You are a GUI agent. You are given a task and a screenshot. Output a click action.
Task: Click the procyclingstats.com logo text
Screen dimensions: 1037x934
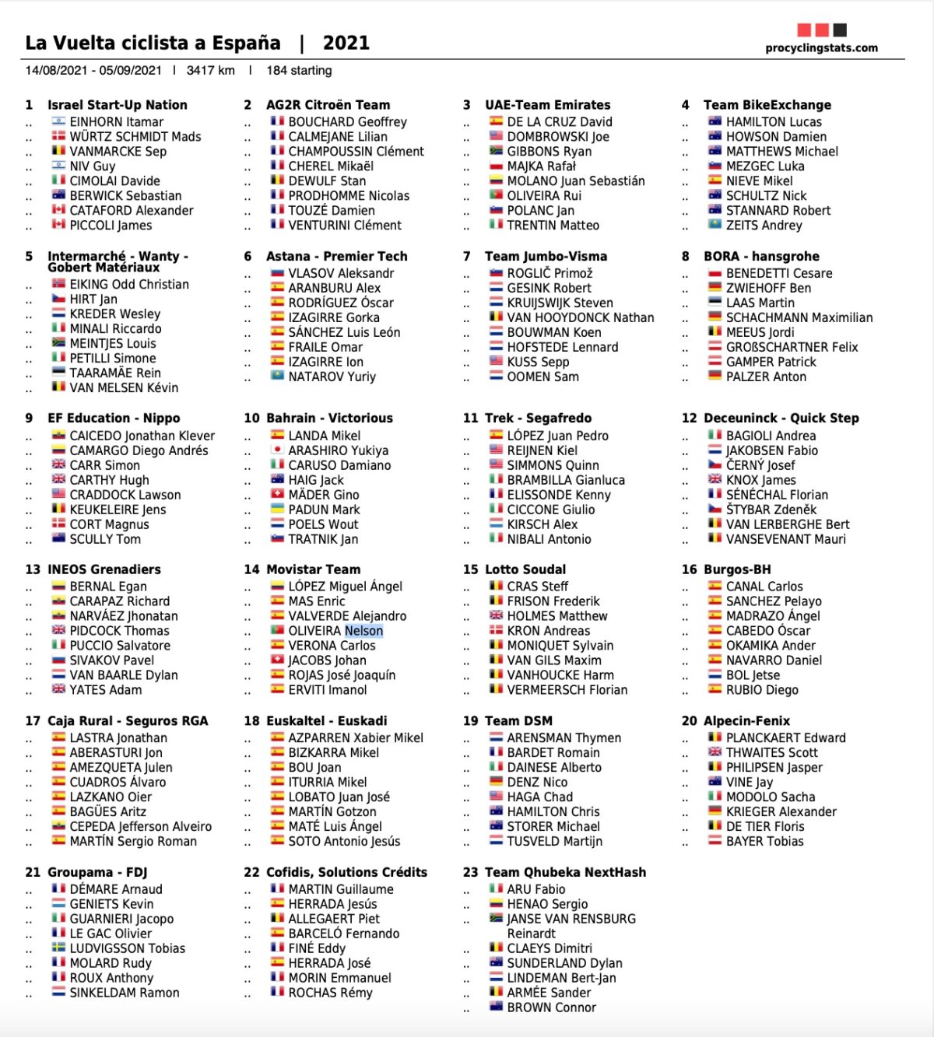[x=821, y=48]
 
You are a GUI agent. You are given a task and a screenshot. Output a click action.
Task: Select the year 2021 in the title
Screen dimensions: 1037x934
[x=346, y=43]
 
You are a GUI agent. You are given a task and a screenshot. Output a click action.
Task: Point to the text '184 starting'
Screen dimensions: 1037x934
[x=299, y=71]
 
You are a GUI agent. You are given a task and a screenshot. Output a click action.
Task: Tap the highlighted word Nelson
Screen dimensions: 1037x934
[x=363, y=631]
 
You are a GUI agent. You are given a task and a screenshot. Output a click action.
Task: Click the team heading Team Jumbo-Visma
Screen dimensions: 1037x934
[x=546, y=257]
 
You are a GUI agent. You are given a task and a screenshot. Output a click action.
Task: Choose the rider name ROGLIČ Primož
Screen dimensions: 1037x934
[x=550, y=274]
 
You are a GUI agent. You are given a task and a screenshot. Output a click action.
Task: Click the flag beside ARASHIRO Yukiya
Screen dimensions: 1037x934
[x=277, y=450]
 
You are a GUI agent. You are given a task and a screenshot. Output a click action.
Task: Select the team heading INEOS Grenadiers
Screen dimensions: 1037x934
[x=104, y=569]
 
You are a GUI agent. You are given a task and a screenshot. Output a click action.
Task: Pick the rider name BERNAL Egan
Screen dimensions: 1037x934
[x=108, y=587]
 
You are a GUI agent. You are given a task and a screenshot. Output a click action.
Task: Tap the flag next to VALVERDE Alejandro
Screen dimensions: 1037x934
[x=277, y=616]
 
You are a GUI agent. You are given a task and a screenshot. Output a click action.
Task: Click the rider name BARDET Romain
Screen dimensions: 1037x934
[x=553, y=753]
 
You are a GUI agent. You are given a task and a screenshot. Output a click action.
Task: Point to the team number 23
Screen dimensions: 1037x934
[x=470, y=873]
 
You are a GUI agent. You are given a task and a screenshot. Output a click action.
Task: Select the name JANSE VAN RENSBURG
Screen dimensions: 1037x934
[x=571, y=919]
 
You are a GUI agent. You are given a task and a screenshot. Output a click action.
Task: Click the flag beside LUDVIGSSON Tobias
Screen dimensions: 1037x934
[x=58, y=948]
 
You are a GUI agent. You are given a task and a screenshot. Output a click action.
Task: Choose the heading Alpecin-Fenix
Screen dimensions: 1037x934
[x=746, y=721]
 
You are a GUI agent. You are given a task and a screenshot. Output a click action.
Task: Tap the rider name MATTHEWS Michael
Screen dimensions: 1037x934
[x=781, y=152]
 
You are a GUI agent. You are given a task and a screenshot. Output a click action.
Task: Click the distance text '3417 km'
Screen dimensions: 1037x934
[x=210, y=71]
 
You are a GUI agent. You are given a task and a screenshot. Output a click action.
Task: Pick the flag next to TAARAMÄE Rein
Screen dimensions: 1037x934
[x=58, y=373]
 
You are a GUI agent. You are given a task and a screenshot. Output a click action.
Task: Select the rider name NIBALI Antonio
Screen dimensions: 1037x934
[x=549, y=539]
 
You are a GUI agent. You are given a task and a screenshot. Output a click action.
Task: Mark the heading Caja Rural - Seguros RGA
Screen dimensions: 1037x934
[x=128, y=721]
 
